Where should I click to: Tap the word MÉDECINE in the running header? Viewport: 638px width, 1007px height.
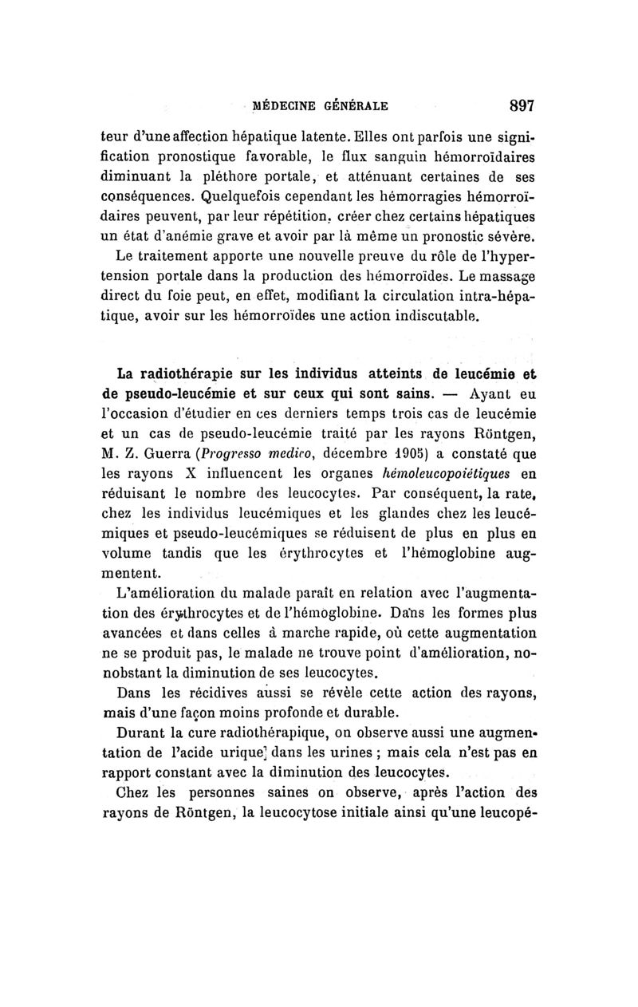(285, 105)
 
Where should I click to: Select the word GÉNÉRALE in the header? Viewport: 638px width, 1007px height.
(356, 105)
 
